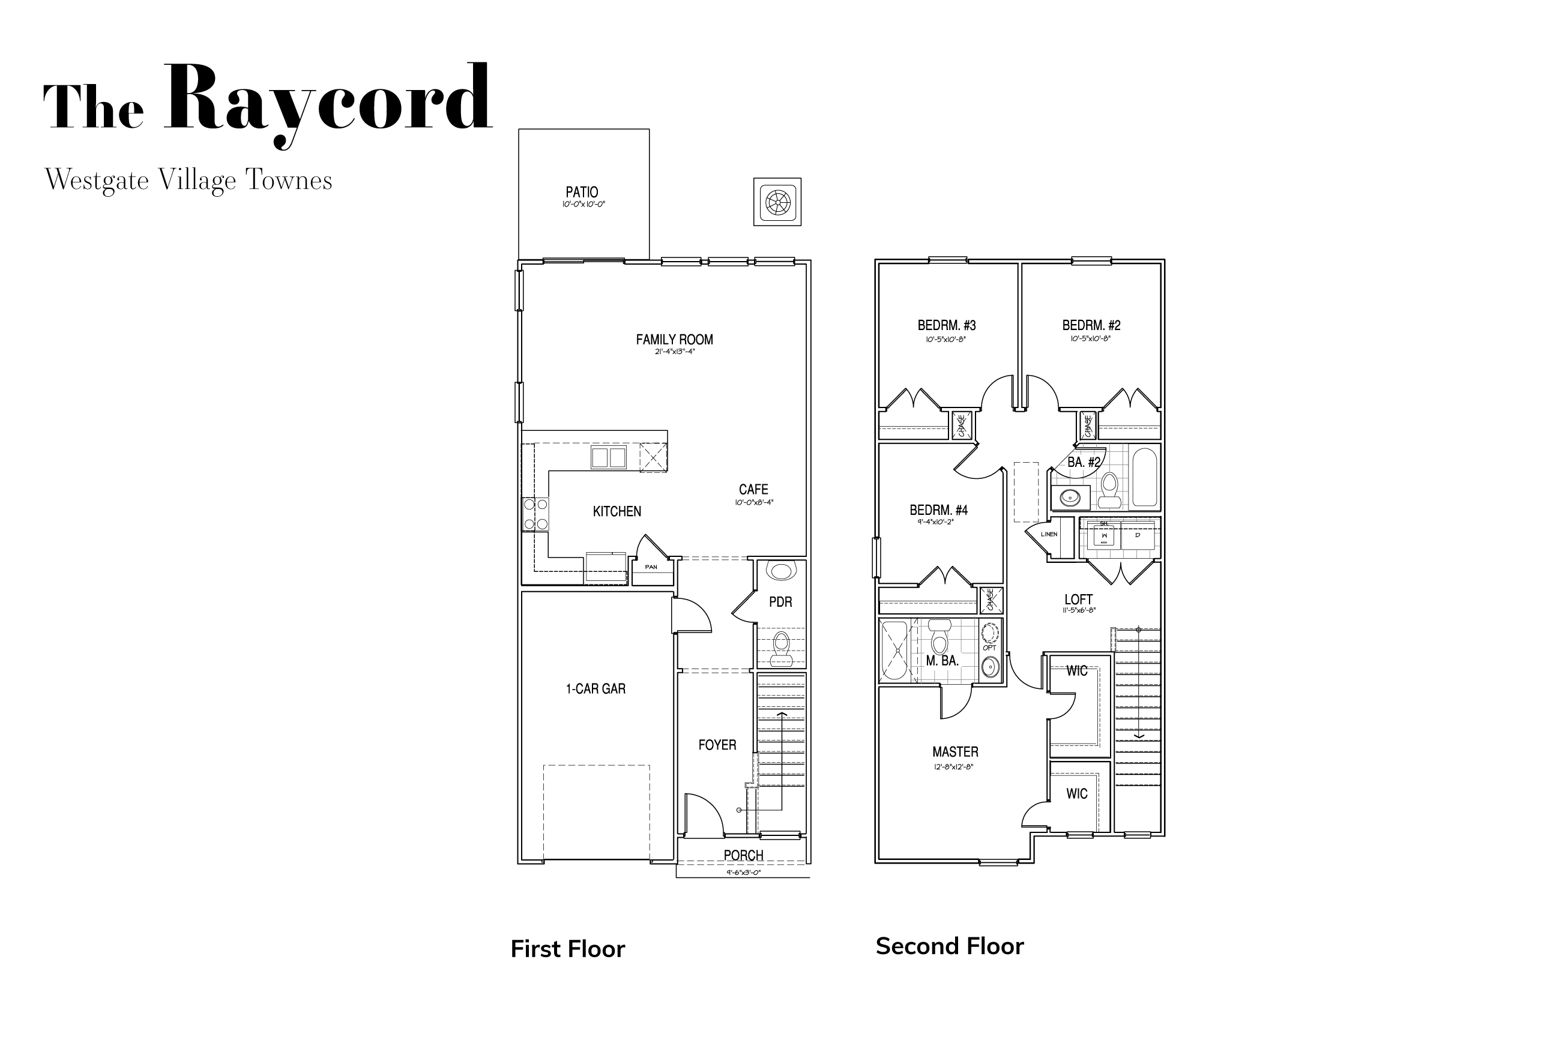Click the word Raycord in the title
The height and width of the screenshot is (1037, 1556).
tap(328, 99)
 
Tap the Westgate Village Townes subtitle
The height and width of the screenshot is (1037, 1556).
tap(188, 180)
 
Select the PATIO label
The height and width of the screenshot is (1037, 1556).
tap(582, 192)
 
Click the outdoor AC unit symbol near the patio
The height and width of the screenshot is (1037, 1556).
tap(777, 202)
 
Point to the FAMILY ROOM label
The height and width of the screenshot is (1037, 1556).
tap(674, 339)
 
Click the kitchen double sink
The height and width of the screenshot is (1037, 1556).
tap(608, 458)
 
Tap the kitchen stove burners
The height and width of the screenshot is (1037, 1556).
tap(535, 514)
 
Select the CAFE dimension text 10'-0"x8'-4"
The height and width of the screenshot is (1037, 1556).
tap(753, 503)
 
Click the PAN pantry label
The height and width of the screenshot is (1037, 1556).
tap(651, 567)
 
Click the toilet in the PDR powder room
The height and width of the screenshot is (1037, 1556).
tap(782, 648)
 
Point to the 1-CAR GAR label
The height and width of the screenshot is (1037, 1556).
tap(595, 688)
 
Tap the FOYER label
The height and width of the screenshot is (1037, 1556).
tap(717, 745)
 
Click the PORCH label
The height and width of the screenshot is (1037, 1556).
tap(743, 855)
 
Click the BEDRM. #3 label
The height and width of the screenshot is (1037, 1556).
tap(946, 325)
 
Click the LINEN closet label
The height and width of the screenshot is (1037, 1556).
tap(1049, 534)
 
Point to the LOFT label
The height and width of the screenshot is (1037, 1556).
tap(1078, 599)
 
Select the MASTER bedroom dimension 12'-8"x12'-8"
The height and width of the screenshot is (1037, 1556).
tap(953, 767)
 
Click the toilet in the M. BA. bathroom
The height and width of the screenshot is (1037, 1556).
tap(939, 639)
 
